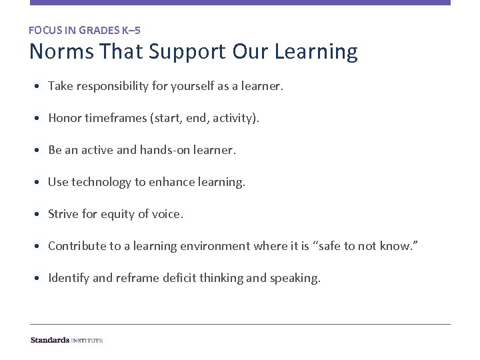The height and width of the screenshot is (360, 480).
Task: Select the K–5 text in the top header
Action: [130, 30]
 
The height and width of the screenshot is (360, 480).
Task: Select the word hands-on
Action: [163, 150]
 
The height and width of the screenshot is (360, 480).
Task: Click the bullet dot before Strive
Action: [42, 215]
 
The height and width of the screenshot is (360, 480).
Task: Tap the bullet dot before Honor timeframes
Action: [42, 119]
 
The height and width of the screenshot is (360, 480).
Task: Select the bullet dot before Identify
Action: [42, 279]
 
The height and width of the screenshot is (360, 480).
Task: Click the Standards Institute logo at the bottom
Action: [67, 340]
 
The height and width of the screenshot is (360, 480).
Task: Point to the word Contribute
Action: [77, 246]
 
